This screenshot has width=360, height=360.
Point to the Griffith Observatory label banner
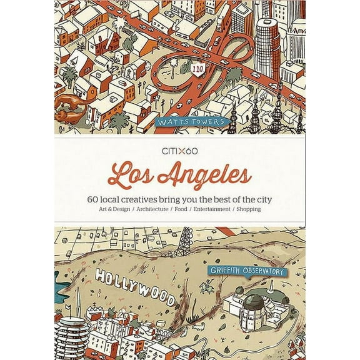248,272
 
